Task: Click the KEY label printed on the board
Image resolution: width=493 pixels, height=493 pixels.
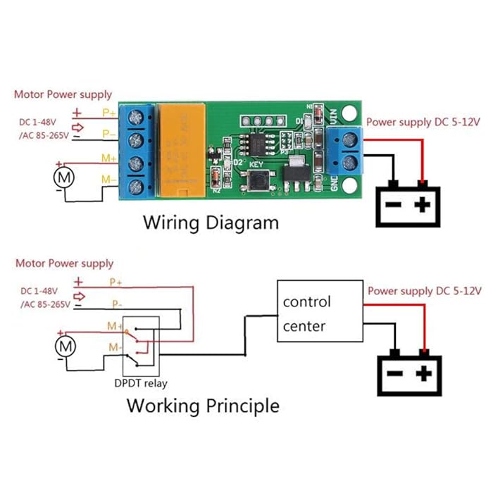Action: (256, 165)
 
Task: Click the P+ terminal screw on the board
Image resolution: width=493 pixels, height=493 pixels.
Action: (135, 115)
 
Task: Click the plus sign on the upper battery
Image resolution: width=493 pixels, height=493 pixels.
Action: (421, 205)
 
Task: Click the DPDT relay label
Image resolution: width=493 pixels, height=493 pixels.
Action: (141, 384)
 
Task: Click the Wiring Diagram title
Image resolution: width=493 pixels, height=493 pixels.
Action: (211, 223)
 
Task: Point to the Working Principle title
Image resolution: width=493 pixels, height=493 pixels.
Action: (202, 406)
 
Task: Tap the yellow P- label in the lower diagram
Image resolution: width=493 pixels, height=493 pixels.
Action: (116, 304)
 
